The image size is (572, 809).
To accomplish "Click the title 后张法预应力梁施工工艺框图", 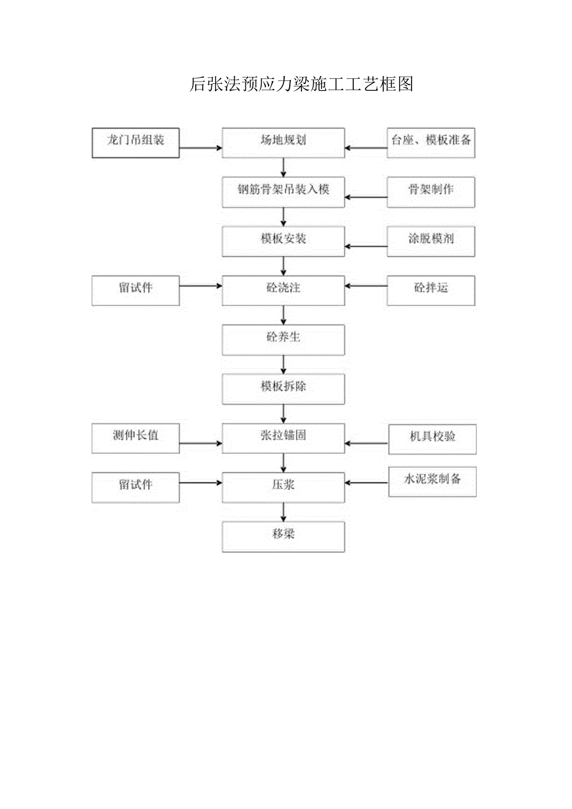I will click(302, 85).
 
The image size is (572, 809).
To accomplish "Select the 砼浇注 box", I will click(284, 290).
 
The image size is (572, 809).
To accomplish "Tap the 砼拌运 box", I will click(431, 290).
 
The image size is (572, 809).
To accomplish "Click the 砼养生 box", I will click(284, 340).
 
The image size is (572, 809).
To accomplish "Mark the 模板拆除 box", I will click(284, 389).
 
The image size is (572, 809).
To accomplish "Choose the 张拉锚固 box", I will click(284, 438).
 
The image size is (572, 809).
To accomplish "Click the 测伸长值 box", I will click(136, 438).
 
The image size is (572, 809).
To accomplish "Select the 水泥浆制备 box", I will click(432, 482).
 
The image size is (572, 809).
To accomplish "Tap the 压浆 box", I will click(284, 488).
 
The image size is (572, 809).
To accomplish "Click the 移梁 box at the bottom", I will click(284, 537).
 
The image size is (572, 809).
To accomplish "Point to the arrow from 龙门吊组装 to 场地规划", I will click(201, 148).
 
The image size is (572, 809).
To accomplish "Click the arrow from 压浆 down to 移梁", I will click(284, 512).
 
